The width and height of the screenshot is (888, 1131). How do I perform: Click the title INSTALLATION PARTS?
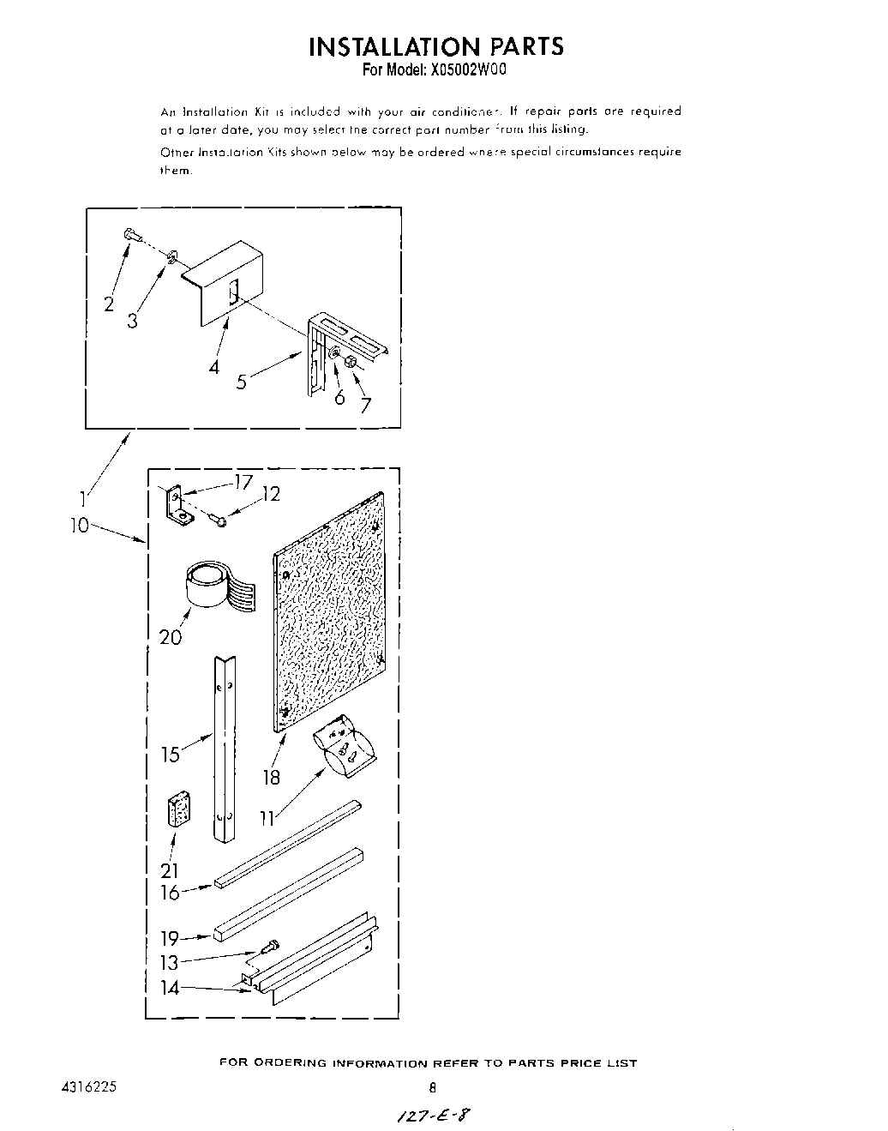coord(436,46)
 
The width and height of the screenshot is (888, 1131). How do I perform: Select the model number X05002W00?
coord(464,70)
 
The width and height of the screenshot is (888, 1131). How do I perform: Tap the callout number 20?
coord(171,638)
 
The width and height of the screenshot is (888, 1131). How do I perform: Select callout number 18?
coord(272,777)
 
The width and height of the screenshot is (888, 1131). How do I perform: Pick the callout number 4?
coord(213,366)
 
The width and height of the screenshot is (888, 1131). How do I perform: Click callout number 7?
coord(366,405)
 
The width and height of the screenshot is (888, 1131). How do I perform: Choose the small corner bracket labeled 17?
coord(178,505)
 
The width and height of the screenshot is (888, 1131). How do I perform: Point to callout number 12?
coord(270,494)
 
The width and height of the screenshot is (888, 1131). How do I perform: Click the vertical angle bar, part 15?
coord(224,746)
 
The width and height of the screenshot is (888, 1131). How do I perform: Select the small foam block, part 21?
coord(179,809)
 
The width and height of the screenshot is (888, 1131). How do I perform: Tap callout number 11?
coord(267,819)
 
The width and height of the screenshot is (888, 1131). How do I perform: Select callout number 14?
coord(170,988)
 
